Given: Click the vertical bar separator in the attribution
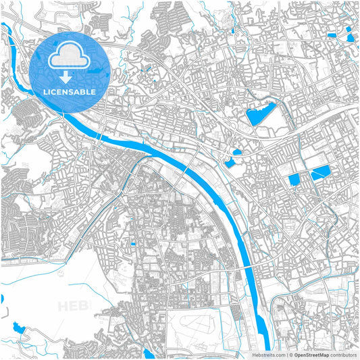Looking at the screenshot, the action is [287, 354].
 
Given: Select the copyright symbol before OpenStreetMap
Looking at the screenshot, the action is [291, 354].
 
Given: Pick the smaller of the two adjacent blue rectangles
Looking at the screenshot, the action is [294, 180].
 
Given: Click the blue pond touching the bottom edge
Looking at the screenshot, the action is [150, 354].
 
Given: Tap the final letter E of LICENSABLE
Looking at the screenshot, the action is [93, 92].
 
